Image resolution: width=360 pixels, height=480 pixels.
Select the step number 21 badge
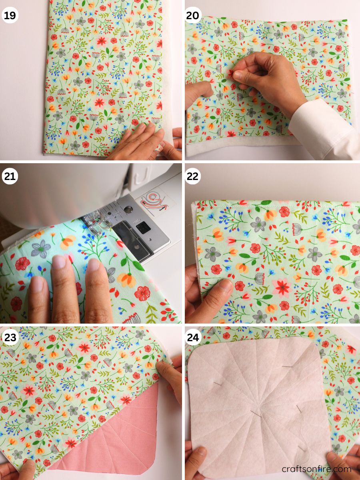[10, 176]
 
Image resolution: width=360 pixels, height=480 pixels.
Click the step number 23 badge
[10, 337]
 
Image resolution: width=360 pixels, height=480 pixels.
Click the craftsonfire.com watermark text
[316, 469]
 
